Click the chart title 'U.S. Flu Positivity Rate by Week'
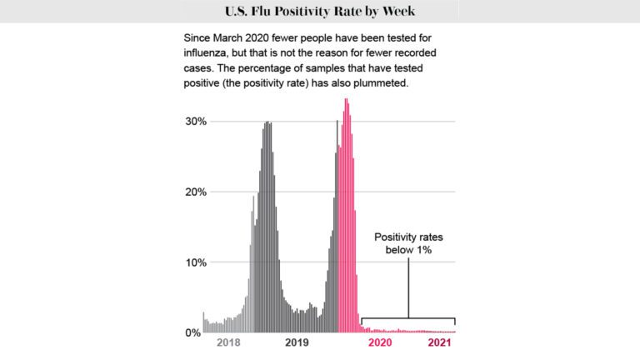(320, 12)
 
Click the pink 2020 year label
(381, 342)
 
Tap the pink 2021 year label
(441, 342)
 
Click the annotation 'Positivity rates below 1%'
(408, 243)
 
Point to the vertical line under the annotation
(408, 287)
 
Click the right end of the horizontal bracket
(455, 321)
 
